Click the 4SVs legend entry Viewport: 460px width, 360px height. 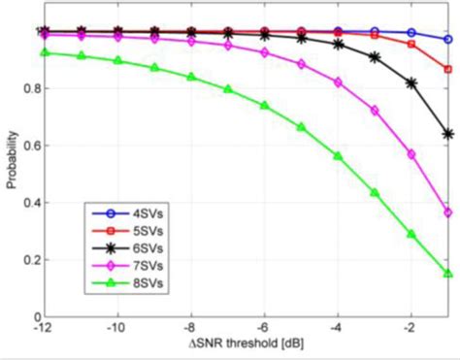pyautogui.click(x=119, y=214)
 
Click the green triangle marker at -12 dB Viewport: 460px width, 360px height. pyautogui.click(x=45, y=52)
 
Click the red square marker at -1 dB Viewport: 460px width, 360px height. pyautogui.click(x=447, y=69)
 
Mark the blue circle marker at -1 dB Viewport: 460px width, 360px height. pyautogui.click(x=447, y=40)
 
